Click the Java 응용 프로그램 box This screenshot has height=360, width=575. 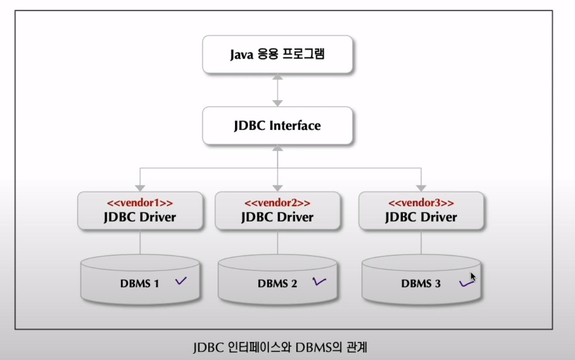[277, 55]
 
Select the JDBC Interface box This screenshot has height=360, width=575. [277, 126]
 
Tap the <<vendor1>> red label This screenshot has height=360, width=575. [140, 203]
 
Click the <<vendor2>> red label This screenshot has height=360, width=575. [277, 203]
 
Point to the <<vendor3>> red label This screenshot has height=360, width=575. [421, 203]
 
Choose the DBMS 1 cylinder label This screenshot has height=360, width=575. [140, 284]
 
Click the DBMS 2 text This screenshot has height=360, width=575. [277, 284]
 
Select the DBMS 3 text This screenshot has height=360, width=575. [421, 284]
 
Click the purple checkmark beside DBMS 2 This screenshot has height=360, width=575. [319, 282]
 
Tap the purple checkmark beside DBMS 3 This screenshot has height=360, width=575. [466, 284]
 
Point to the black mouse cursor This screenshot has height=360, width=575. [472, 277]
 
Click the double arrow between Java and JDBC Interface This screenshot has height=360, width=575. [277, 90]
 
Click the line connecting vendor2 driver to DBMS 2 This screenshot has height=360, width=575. [277, 242]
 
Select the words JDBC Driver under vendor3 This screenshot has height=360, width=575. [421, 217]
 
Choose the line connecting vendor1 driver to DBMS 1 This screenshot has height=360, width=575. [140, 242]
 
